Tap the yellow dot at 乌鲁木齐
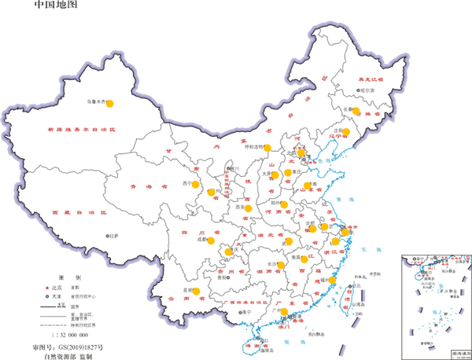click(110, 103)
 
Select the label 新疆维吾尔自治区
click(80, 128)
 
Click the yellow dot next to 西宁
click(196, 167)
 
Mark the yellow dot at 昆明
click(196, 292)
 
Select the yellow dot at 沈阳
click(346, 132)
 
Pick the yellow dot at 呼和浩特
click(267, 147)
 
